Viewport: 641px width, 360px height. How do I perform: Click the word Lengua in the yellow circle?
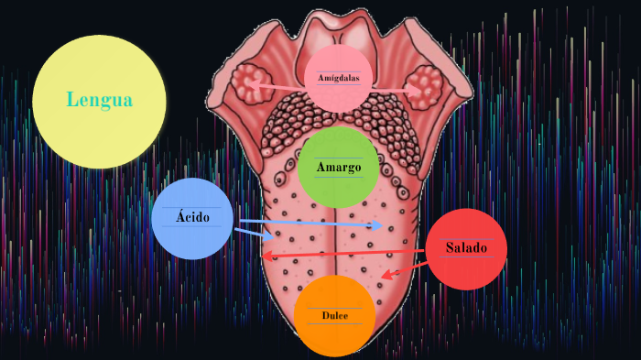(99, 101)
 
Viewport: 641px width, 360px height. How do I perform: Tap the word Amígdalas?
(339, 79)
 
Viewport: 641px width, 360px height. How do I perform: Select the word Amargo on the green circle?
(339, 168)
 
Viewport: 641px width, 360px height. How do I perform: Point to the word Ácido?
(192, 218)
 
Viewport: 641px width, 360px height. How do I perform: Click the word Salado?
(466, 248)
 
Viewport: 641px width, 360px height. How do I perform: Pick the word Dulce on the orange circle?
(334, 316)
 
